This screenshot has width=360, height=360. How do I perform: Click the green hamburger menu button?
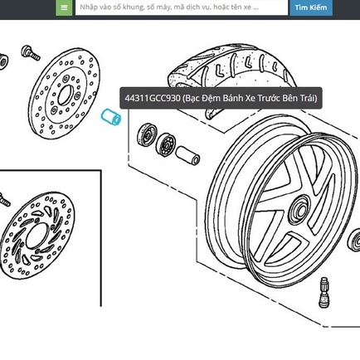click(x=64, y=7)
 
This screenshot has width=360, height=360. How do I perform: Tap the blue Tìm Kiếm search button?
click(x=311, y=7)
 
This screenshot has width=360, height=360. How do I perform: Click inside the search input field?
click(x=182, y=7)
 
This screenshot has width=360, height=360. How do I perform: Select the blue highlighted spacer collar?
click(x=111, y=118)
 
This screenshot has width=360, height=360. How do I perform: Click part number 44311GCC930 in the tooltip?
click(x=153, y=98)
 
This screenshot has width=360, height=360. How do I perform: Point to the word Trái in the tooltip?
click(x=309, y=98)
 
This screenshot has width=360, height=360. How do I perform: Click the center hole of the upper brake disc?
click(x=66, y=95)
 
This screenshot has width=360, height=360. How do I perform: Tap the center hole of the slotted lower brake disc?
click(x=37, y=236)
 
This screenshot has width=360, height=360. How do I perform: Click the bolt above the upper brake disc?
click(x=30, y=52)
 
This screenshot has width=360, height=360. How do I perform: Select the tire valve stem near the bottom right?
click(x=324, y=292)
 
